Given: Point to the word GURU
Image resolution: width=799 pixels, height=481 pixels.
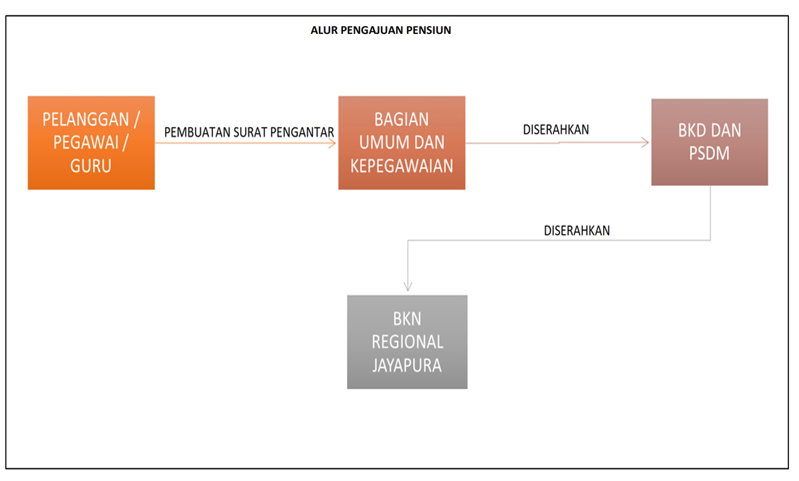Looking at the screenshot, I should (91, 166).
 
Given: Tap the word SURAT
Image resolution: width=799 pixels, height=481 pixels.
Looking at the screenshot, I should (250, 133).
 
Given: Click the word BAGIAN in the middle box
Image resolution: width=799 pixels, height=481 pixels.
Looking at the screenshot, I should (401, 120).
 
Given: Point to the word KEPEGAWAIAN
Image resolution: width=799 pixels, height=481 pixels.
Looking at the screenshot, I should (401, 166).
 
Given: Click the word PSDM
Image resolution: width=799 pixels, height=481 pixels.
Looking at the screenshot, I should (709, 154).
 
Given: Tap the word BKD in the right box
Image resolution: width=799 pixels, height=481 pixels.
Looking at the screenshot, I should (690, 131).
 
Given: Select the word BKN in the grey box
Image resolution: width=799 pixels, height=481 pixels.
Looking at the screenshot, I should (407, 319).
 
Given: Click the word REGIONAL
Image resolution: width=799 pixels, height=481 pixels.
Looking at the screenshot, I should (407, 342).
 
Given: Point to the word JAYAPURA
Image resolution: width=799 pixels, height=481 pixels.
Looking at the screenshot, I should (407, 365).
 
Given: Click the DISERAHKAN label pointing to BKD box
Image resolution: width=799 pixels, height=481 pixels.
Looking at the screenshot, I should (556, 130).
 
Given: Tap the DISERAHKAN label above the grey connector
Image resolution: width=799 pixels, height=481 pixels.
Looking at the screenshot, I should (577, 231).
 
